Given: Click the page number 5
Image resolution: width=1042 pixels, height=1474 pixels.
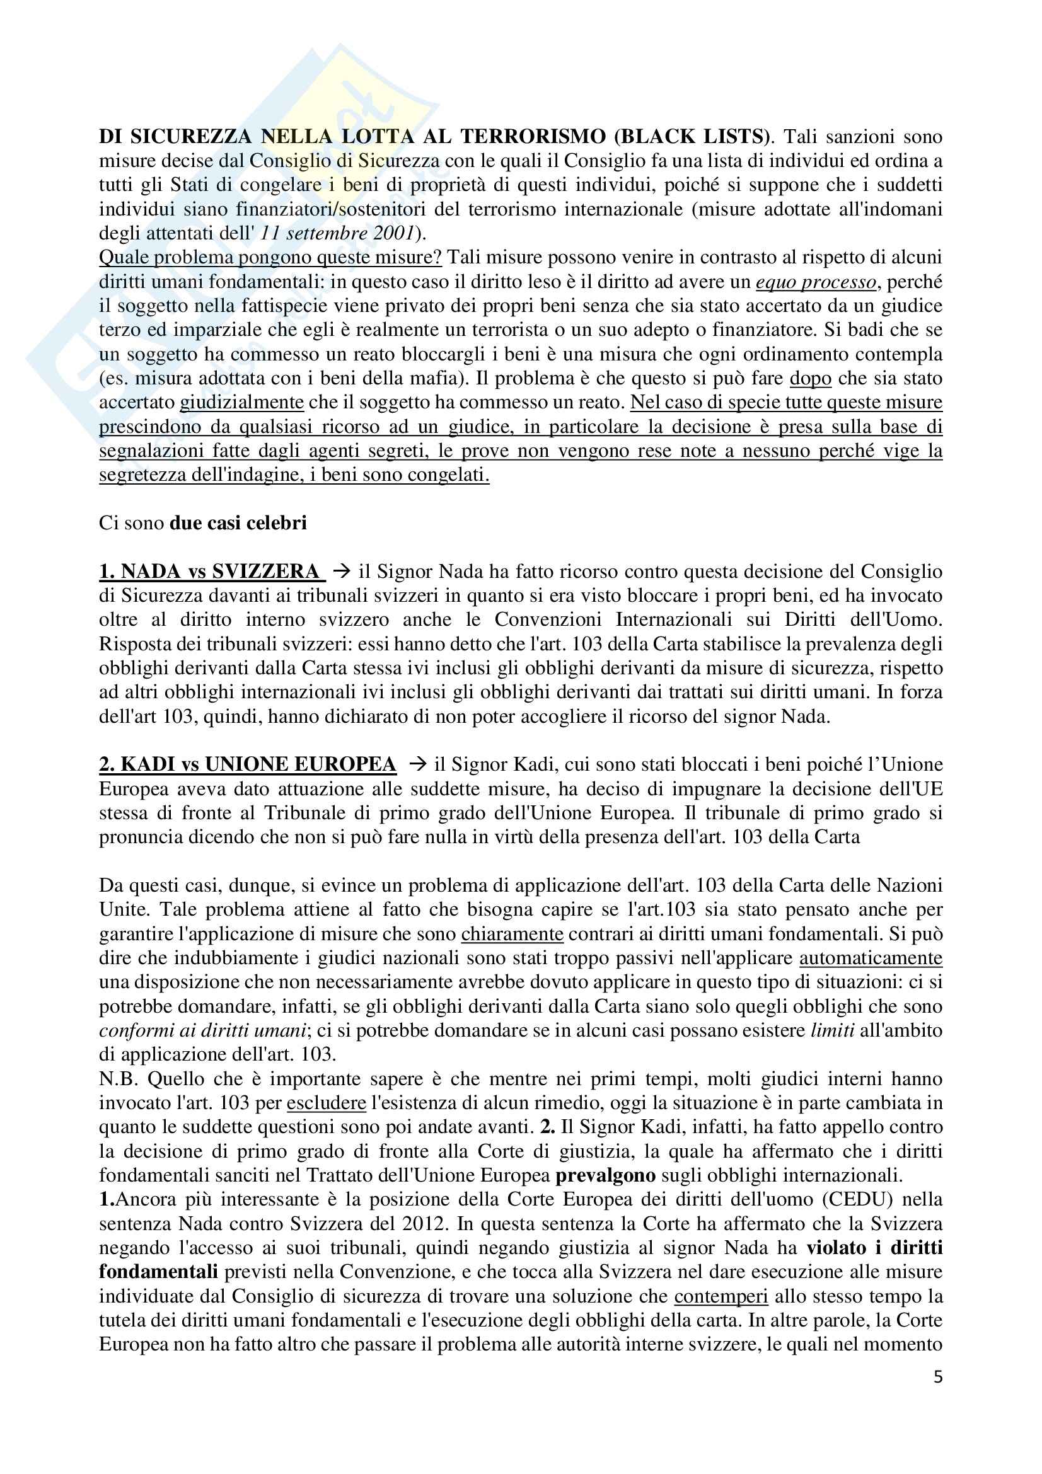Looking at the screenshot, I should (937, 1395).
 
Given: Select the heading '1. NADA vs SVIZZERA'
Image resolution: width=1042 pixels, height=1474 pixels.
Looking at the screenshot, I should (210, 571).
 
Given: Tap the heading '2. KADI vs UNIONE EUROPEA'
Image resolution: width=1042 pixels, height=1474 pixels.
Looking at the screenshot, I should (248, 764).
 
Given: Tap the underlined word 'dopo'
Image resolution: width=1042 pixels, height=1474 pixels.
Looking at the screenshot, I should (810, 378).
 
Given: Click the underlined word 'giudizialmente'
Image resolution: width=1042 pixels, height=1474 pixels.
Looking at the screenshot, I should (241, 403).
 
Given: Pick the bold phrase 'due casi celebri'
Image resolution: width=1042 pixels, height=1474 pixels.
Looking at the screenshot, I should (238, 522).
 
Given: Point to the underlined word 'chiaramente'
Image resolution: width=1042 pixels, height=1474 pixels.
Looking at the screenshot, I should (512, 933).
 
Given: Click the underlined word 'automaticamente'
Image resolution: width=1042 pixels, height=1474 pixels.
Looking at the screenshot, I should (871, 958).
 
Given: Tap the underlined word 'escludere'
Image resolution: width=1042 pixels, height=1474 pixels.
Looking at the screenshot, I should (326, 1103).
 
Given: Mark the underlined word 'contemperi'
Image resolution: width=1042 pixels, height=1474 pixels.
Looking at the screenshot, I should (721, 1296).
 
